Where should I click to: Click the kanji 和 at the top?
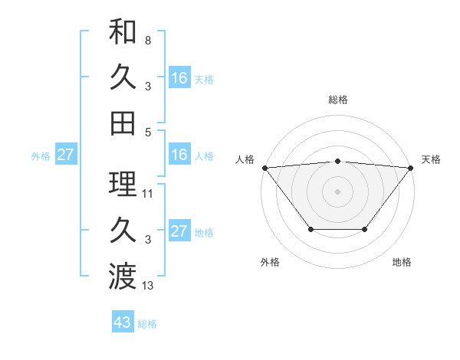coord(123,31)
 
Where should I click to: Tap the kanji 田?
coord(123,123)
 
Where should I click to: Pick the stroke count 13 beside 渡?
coord(148,286)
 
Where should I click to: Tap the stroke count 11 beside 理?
coord(148,194)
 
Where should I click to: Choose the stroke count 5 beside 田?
coord(147,132)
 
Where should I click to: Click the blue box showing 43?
coord(123,322)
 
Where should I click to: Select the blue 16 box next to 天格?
coord(179,78)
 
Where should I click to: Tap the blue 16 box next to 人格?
coord(179,155)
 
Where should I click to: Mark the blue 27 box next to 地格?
coord(179,231)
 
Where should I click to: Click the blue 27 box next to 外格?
coord(65,155)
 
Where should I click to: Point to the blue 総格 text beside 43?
coord(147,324)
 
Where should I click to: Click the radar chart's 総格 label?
coord(337,100)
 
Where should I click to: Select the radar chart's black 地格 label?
coord(402,263)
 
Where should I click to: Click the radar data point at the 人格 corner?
coord(264,167)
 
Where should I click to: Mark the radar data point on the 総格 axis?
coord(337,161)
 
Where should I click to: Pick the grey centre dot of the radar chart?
coord(337,191)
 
